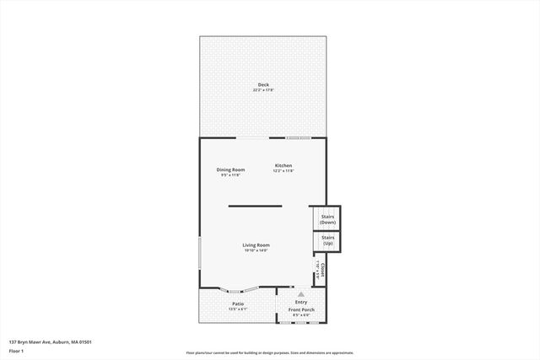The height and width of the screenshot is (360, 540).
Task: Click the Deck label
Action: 262,84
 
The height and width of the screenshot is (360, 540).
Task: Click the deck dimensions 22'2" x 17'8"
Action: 262,89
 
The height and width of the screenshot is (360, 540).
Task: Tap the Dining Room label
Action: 230,169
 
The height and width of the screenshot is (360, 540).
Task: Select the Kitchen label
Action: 283,165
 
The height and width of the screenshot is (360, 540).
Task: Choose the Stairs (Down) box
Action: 327,218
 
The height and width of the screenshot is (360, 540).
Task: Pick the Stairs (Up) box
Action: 327,241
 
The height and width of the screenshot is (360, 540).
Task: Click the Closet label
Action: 322,270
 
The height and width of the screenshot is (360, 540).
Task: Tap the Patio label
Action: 238,304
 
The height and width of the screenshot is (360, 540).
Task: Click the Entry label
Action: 300,302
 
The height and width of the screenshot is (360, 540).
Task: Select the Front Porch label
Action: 301,309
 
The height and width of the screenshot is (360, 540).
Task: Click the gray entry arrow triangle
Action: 300,294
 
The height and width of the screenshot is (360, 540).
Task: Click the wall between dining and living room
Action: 255,206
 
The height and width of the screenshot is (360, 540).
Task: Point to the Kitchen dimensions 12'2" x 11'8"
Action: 283,170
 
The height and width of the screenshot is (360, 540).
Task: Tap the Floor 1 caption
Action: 16,350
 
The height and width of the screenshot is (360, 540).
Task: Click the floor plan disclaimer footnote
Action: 269,353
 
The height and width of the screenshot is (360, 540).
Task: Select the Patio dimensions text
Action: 238,309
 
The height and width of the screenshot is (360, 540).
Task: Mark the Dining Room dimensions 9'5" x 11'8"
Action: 230,175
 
